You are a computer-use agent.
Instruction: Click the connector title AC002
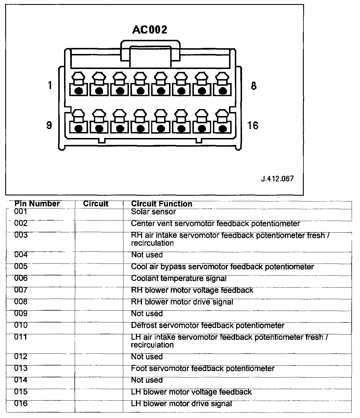pyautogui.click(x=150, y=29)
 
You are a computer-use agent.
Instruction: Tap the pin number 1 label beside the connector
pyautogui.click(x=50, y=85)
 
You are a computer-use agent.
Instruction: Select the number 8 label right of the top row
pyautogui.click(x=254, y=86)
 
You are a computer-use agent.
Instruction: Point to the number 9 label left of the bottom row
pyautogui.click(x=49, y=125)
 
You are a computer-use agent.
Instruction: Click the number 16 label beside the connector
pyautogui.click(x=253, y=126)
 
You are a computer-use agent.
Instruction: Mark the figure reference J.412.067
pyautogui.click(x=277, y=179)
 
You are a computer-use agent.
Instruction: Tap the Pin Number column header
pyautogui.click(x=37, y=204)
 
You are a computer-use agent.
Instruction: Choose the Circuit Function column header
pyautogui.click(x=162, y=204)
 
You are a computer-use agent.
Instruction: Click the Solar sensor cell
pyautogui.click(x=153, y=212)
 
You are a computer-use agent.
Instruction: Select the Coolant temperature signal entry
pyautogui.click(x=179, y=279)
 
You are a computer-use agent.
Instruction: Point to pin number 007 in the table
pyautogui.click(x=21, y=290)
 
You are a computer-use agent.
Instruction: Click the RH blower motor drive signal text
pyautogui.click(x=182, y=302)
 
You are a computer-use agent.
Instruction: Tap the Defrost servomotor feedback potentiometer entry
pyautogui.click(x=208, y=326)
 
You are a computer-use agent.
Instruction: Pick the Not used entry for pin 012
pyautogui.click(x=147, y=357)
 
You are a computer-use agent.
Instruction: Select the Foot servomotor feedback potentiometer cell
pyautogui.click(x=203, y=369)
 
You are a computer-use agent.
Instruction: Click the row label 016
pyautogui.click(x=21, y=403)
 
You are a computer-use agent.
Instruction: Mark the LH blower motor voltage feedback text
pyautogui.click(x=191, y=392)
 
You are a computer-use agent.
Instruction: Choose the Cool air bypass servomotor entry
pyautogui.click(x=222, y=267)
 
